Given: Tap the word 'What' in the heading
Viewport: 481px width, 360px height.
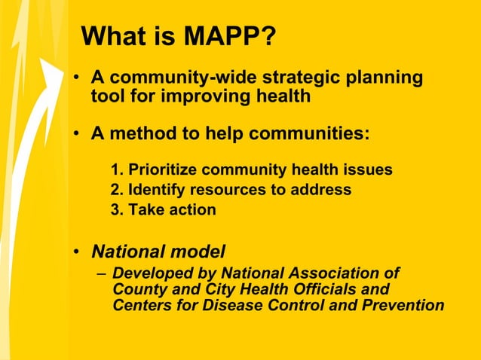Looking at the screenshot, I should [x=110, y=35].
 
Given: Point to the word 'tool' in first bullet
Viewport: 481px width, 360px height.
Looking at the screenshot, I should [x=107, y=96].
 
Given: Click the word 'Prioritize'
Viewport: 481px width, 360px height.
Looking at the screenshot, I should [x=161, y=169].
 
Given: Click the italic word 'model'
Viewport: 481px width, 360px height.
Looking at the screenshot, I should [x=201, y=250].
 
